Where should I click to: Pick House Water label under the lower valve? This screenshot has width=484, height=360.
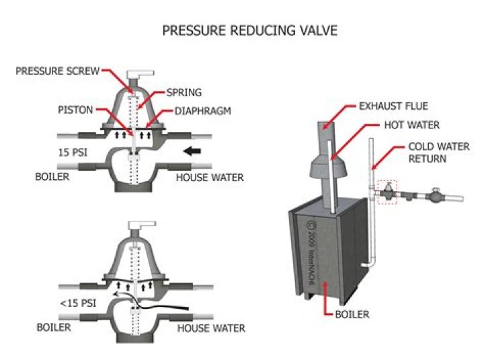click(x=210, y=328)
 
